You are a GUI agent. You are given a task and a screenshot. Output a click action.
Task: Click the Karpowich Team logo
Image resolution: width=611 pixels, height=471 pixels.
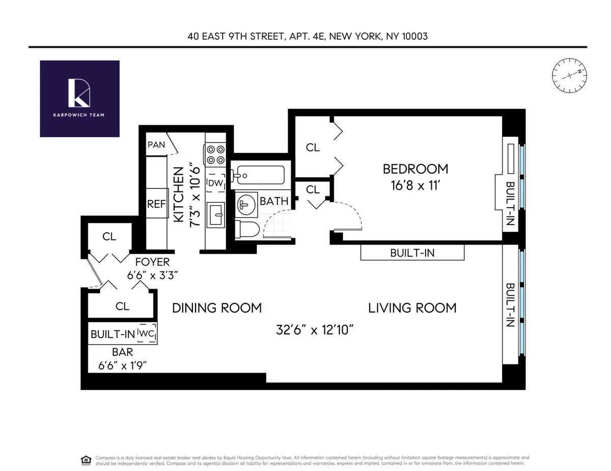79,98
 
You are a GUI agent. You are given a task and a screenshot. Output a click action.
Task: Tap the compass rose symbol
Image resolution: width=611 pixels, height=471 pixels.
569,75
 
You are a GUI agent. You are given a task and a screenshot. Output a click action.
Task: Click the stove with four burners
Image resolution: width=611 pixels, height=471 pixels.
215,154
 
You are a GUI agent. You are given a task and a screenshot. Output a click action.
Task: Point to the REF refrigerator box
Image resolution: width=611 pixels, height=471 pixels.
156,204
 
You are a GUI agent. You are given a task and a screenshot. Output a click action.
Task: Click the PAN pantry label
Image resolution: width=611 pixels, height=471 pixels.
156,145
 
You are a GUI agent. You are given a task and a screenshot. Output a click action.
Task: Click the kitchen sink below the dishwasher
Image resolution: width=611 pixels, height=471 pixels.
216,216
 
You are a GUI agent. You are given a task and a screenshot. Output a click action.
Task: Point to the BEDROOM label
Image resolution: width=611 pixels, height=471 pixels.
415,169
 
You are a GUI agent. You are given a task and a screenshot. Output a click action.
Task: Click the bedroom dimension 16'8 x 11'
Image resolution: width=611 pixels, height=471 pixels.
415,186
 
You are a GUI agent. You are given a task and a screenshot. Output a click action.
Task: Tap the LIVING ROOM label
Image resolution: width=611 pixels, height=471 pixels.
412,308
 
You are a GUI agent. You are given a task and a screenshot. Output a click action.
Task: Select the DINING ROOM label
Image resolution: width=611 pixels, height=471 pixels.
216,308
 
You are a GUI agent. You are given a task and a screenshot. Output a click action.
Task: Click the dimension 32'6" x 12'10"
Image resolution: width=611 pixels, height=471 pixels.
315,330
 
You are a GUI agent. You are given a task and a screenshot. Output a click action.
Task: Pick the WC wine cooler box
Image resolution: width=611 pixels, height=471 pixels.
147,334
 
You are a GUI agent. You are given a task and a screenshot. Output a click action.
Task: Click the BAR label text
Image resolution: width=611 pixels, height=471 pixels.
122,352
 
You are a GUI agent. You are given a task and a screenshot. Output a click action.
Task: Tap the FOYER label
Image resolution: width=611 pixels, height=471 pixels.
153,262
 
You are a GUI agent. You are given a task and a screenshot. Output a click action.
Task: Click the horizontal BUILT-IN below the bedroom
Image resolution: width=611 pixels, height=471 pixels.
412,253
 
